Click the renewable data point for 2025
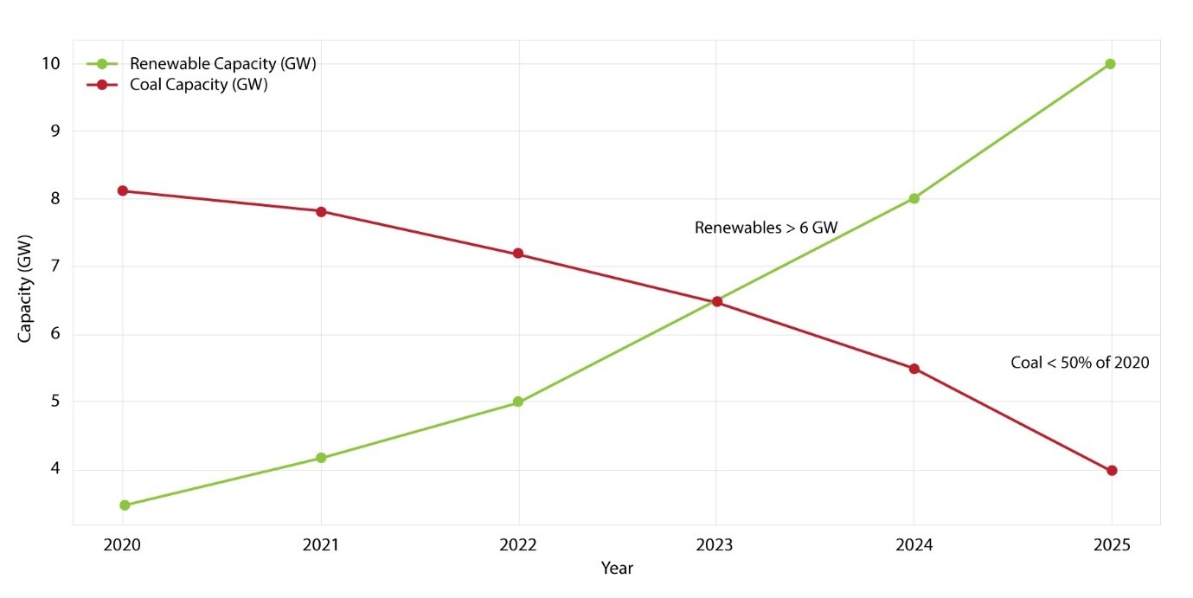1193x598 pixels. pyautogui.click(x=1110, y=64)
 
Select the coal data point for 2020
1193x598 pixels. pyautogui.click(x=123, y=190)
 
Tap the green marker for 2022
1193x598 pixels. pyautogui.click(x=518, y=402)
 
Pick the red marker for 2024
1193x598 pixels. pyautogui.click(x=914, y=368)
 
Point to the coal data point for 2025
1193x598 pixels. pyautogui.click(x=1112, y=471)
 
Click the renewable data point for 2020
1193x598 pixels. pyautogui.click(x=125, y=505)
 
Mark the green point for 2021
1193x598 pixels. pyautogui.click(x=321, y=458)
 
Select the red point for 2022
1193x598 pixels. pyautogui.click(x=518, y=254)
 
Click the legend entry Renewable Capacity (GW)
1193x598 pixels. pyautogui.click(x=222, y=64)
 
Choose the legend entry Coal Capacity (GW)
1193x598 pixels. pyautogui.click(x=198, y=85)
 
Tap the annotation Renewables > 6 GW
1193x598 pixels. pyautogui.click(x=766, y=228)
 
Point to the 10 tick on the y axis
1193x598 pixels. pyautogui.click(x=50, y=64)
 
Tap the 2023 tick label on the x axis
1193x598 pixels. pyautogui.click(x=715, y=546)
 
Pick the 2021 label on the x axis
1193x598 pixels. pyautogui.click(x=321, y=546)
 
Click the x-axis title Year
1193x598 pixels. pyautogui.click(x=617, y=569)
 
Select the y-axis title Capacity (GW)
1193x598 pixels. pyautogui.click(x=25, y=288)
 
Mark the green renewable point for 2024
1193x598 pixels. pyautogui.click(x=914, y=198)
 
